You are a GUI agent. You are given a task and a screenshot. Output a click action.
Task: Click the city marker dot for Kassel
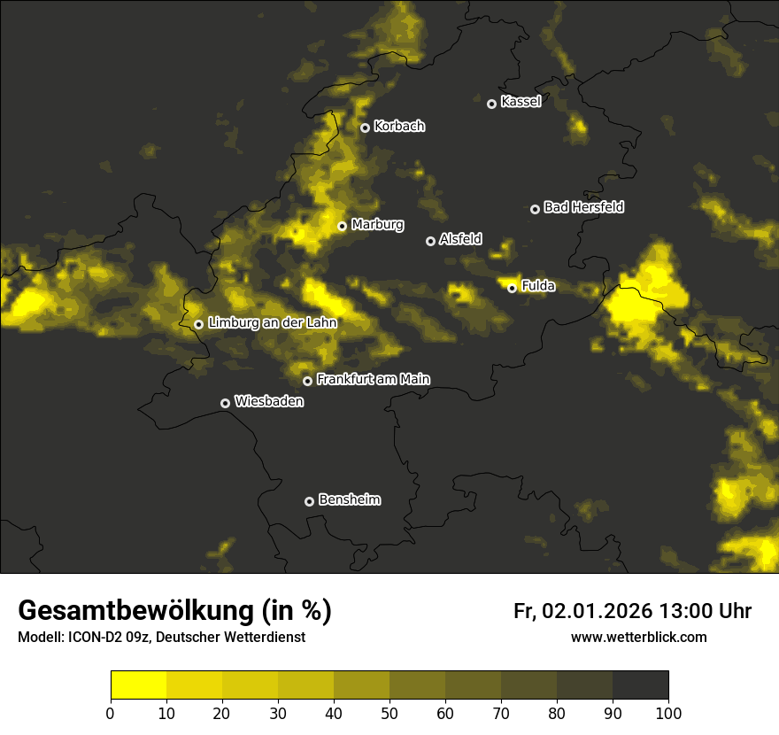(x=491, y=104)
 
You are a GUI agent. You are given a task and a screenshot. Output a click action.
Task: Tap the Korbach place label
(x=399, y=126)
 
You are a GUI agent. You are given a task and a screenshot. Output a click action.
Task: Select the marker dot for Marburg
(x=342, y=226)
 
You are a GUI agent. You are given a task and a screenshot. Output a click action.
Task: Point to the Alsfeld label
(x=460, y=239)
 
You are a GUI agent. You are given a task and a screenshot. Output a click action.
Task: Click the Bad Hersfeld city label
(x=583, y=207)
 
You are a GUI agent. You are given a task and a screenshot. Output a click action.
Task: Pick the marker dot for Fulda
(x=512, y=288)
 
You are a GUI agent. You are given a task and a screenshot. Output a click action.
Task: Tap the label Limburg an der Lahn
(x=273, y=323)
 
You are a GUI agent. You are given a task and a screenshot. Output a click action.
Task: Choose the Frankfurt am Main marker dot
(x=307, y=381)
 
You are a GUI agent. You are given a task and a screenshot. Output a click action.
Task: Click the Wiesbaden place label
(x=269, y=401)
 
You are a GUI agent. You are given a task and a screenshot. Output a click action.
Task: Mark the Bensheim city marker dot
(x=309, y=501)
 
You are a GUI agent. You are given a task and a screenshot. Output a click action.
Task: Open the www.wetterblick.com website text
(x=638, y=637)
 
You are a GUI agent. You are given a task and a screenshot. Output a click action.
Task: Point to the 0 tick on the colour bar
(x=111, y=713)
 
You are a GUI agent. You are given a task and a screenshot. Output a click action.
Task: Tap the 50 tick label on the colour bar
(x=389, y=713)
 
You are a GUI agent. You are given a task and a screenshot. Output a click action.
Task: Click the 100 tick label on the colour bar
(x=668, y=713)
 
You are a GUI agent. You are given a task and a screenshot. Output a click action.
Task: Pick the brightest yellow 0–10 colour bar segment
(x=138, y=685)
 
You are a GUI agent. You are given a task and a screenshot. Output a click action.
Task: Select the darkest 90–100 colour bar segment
(x=640, y=685)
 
